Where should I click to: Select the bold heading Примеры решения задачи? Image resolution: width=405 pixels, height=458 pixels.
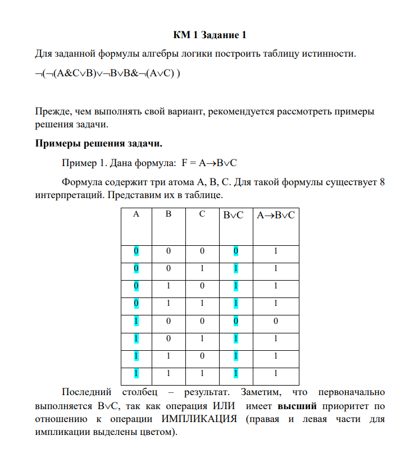click(99, 144)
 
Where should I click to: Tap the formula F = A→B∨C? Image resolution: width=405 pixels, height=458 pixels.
click(210, 163)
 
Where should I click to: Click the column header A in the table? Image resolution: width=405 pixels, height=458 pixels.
click(135, 214)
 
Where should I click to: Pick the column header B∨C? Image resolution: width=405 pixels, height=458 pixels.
click(233, 214)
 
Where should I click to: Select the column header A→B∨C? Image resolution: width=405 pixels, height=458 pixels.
click(275, 214)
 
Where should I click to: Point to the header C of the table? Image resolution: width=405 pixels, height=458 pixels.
click(202, 214)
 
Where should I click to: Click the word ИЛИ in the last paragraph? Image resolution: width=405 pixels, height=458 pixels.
click(224, 405)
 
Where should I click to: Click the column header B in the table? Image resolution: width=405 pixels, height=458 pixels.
click(169, 214)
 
